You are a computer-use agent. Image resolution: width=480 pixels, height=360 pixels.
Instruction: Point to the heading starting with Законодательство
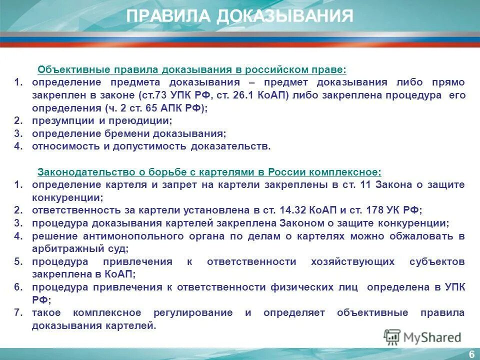pos(209,172)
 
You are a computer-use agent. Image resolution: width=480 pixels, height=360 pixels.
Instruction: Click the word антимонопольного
pos(122,236)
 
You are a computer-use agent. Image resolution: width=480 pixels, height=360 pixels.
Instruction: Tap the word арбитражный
pos(64,248)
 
